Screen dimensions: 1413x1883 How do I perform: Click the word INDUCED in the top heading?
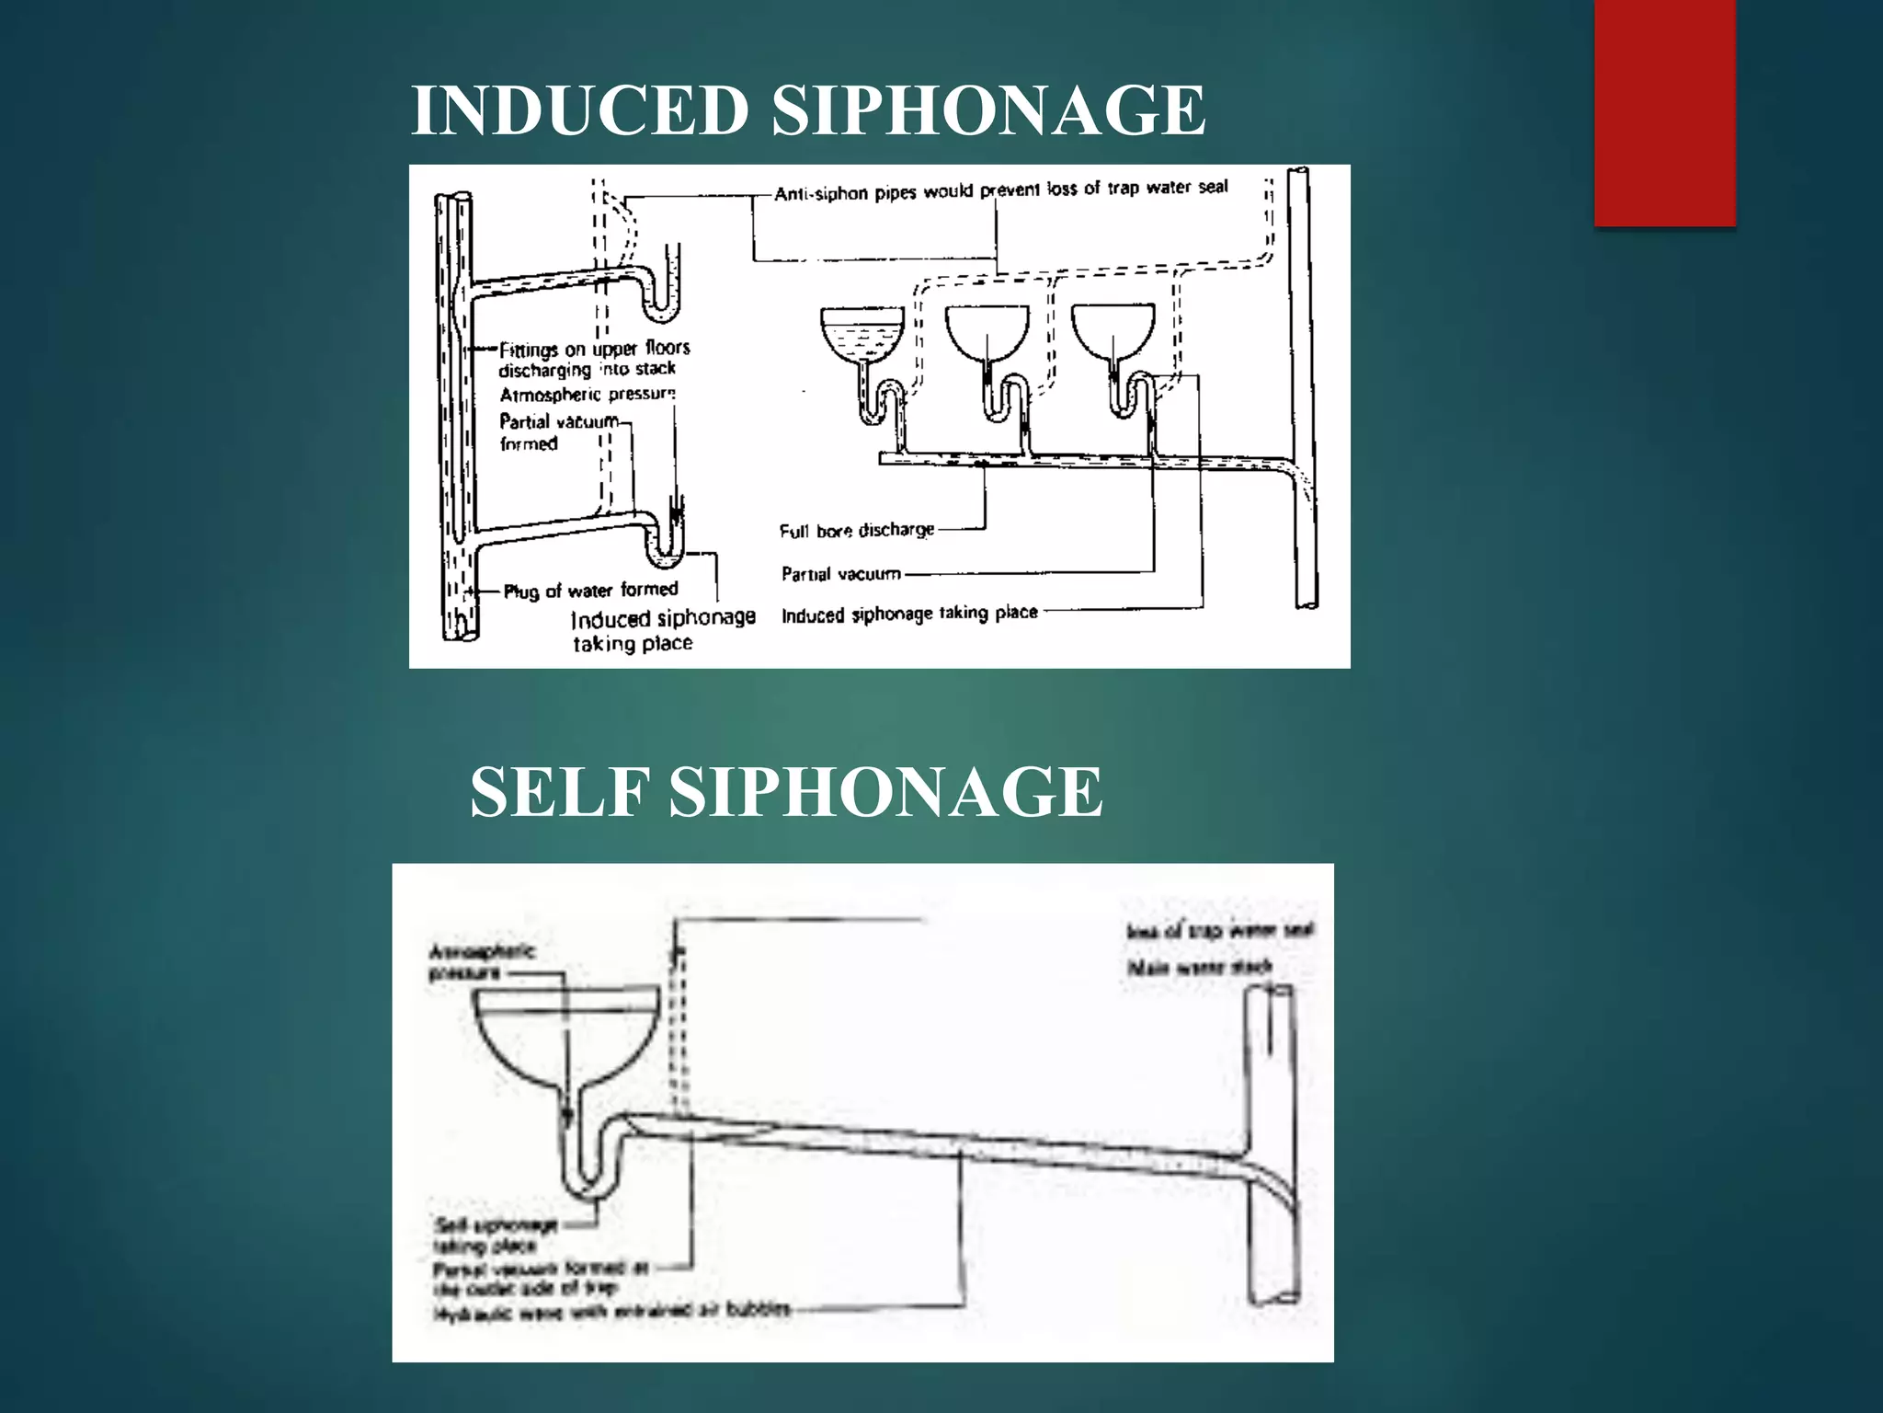coord(579,110)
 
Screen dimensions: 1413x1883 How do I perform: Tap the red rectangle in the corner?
coord(1664,112)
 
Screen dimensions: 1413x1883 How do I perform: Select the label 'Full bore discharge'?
coord(856,531)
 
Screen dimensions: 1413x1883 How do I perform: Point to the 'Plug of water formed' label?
coord(591,591)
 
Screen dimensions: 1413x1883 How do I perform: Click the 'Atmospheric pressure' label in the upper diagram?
coord(587,395)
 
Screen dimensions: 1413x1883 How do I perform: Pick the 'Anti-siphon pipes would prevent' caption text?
coord(1000,190)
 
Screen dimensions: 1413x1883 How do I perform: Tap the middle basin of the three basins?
coord(987,331)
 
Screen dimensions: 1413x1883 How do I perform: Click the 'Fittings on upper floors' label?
coord(594,358)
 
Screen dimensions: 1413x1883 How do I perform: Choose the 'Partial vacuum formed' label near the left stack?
coord(558,432)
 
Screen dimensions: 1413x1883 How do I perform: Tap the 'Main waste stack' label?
coord(1200,967)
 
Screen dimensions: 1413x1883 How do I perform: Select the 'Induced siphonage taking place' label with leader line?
coord(909,614)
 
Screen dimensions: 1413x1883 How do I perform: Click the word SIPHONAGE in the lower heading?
coord(885,792)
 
